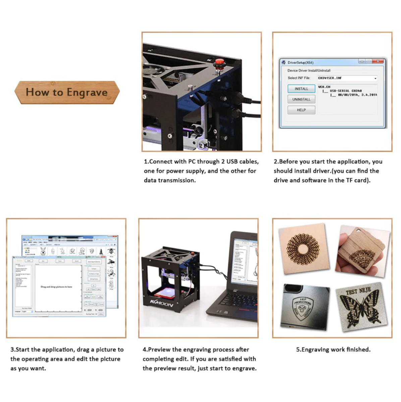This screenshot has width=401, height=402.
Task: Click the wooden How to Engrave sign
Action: pyautogui.click(x=67, y=92)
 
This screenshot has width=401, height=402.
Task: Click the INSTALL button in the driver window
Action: pyautogui.click(x=301, y=89)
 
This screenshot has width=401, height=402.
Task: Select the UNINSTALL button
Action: pyautogui.click(x=301, y=99)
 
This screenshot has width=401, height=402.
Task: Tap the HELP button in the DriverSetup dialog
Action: pyautogui.click(x=301, y=110)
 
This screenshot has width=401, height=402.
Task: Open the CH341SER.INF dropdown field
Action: pyautogui.click(x=347, y=78)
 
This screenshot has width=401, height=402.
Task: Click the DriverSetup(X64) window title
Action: pyautogui.click(x=300, y=63)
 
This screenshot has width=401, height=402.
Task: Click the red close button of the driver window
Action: pyautogui.click(x=378, y=61)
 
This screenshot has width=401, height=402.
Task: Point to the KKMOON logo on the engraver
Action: pyautogui.click(x=162, y=304)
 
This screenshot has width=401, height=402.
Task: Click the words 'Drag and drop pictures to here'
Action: pyautogui.click(x=56, y=287)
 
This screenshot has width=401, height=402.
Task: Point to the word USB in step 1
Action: pyautogui.click(x=232, y=161)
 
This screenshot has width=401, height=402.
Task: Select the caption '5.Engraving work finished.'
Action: pyautogui.click(x=333, y=349)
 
